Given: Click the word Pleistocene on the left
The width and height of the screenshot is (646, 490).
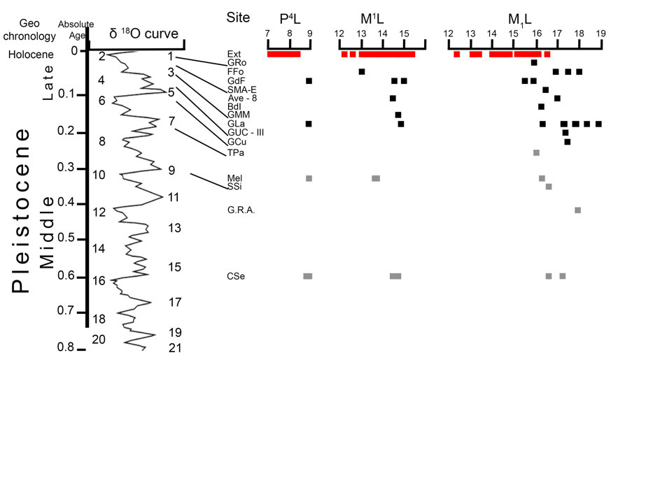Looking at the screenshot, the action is (x=20, y=210).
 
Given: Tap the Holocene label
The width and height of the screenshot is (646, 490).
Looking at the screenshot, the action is (x=31, y=55).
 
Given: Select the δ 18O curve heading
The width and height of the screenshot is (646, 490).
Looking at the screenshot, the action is (x=143, y=34).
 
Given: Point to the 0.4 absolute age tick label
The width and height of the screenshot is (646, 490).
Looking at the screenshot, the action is (x=66, y=202).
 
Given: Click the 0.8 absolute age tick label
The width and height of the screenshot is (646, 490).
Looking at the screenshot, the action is (x=66, y=347).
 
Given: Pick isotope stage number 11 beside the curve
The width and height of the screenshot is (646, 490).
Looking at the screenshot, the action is (x=174, y=198).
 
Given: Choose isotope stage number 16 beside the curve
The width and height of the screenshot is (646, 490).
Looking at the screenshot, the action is (x=99, y=281).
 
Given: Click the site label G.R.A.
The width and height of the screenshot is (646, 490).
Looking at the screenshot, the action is (x=241, y=210).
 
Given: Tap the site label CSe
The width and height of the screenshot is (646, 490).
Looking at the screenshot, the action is (x=236, y=276).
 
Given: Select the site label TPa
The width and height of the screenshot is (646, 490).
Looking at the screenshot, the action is (x=236, y=152).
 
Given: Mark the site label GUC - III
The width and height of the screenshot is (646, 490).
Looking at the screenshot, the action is (x=246, y=133).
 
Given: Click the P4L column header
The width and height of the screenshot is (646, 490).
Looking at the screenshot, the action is (x=290, y=19).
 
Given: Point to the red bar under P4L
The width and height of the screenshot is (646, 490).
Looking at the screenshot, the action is (x=284, y=54).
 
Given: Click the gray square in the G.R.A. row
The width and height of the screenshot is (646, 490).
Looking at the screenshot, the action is (x=577, y=210).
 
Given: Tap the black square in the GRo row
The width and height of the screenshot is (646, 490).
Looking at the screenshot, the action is (x=534, y=62).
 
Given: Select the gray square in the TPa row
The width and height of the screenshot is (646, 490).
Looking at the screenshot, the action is (x=536, y=152).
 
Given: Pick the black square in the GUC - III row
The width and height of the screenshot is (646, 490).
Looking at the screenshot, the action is (x=566, y=133).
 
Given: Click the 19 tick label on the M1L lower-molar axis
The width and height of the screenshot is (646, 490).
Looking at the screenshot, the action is (x=601, y=34).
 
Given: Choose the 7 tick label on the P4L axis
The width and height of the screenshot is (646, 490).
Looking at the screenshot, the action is (x=267, y=34).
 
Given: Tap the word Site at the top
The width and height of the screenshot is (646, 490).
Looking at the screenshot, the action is (x=238, y=17).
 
